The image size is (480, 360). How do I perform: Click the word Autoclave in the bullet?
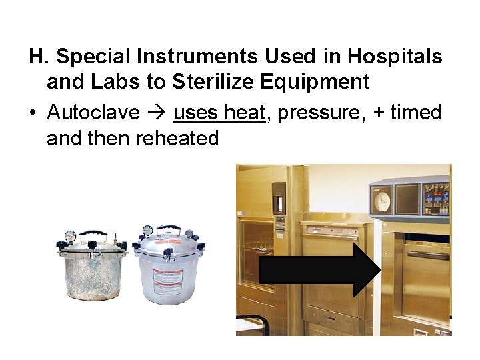(93, 113)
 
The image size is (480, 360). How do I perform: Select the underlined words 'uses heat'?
(219, 113)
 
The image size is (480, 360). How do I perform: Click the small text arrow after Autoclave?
(156, 113)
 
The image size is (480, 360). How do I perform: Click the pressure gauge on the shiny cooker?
(147, 231)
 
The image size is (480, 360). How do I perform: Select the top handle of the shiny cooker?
(169, 229)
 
